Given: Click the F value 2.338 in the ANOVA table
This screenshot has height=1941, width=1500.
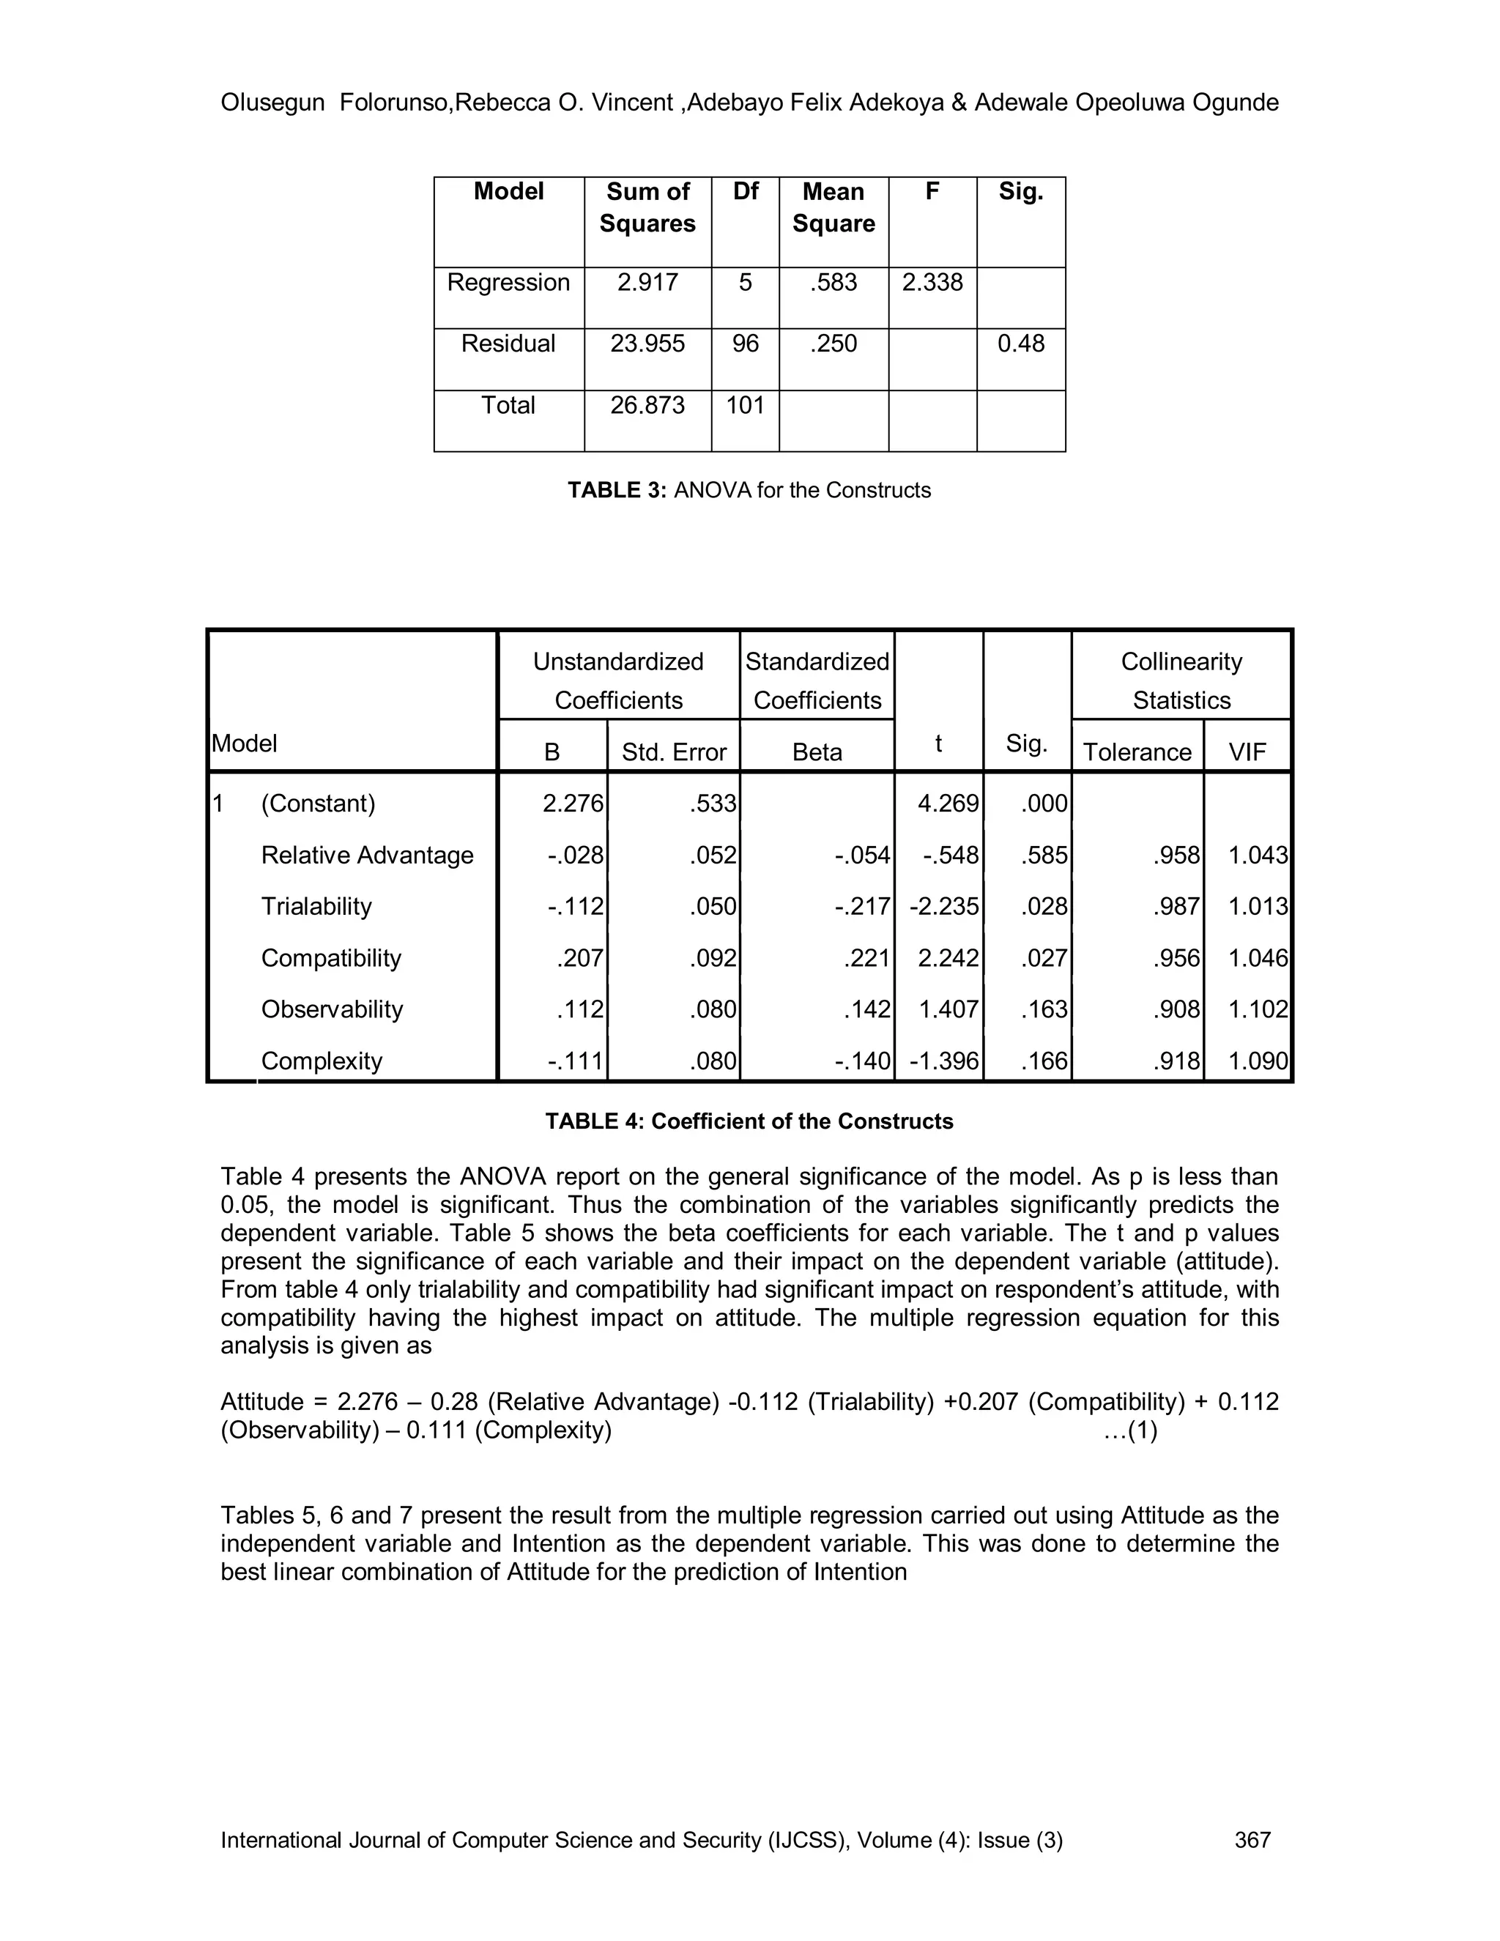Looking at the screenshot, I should (x=932, y=283).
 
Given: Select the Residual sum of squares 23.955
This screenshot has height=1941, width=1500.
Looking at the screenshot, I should (x=647, y=344).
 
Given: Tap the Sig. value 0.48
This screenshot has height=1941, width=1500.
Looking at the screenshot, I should (x=1020, y=344).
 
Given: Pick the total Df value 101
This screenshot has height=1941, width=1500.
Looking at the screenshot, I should (x=745, y=405).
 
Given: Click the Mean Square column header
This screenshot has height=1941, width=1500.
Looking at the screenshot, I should (x=833, y=208).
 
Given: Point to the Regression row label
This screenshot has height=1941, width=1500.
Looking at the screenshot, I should (x=508, y=283).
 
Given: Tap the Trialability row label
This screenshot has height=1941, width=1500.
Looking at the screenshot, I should (x=316, y=907).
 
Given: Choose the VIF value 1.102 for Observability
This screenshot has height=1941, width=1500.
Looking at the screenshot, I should (x=1258, y=1009).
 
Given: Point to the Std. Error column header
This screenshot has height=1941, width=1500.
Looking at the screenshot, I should (x=674, y=753).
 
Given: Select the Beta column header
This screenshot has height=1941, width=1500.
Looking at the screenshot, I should (x=817, y=753).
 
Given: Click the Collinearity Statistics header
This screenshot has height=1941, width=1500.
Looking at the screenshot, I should (x=1181, y=680).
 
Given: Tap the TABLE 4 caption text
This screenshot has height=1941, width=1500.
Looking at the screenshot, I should (x=749, y=1121).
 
